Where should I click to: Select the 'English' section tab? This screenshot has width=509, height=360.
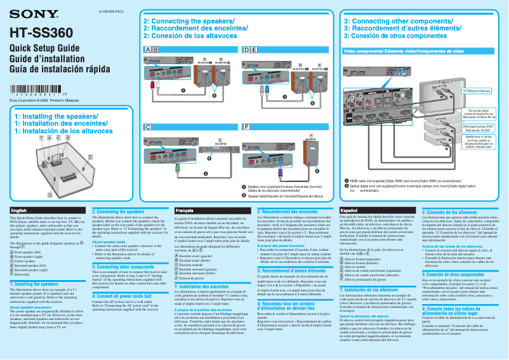point(19,210)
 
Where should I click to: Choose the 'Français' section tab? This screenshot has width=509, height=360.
point(185,210)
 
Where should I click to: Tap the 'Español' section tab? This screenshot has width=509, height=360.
point(350,210)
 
